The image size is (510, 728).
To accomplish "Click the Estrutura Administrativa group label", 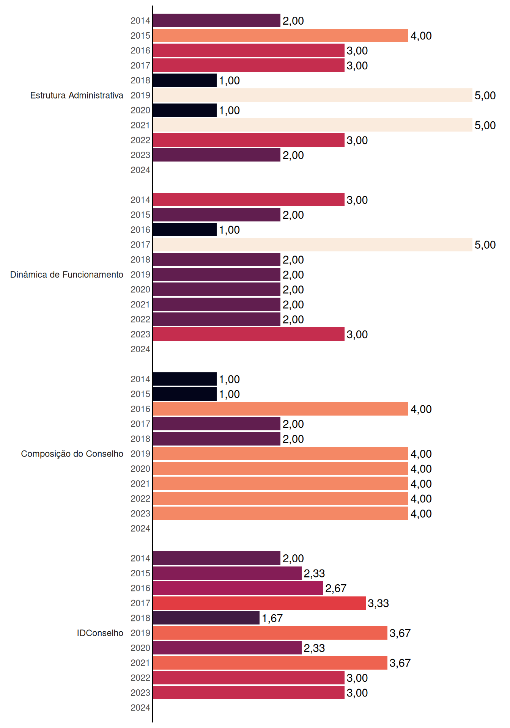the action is [x=77, y=95].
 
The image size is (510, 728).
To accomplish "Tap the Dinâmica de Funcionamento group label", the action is [x=67, y=275].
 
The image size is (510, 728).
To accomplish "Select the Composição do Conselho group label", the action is [x=72, y=454].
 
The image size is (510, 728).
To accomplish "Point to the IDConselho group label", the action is [x=100, y=633].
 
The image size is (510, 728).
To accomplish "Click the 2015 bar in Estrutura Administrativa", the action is [x=281, y=36].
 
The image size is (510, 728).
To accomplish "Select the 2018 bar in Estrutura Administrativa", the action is [x=185, y=80].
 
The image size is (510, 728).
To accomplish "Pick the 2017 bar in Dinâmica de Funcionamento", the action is [x=313, y=245].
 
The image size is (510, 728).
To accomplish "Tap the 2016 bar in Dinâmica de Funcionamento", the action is [x=185, y=230].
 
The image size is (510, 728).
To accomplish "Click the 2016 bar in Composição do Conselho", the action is [x=281, y=409].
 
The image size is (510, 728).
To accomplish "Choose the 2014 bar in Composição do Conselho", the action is [x=185, y=379].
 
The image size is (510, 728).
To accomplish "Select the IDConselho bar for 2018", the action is [x=206, y=618].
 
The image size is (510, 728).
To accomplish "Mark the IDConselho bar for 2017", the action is [x=260, y=603].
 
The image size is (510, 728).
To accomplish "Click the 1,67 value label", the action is [x=272, y=618].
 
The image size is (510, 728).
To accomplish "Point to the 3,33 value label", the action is [x=378, y=603].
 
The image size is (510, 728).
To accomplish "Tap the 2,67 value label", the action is [x=336, y=588].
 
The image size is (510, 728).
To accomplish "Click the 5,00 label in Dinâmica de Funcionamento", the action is [x=485, y=245].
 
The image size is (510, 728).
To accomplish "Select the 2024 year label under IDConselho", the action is [x=140, y=708].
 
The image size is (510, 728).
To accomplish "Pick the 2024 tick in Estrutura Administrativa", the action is [x=140, y=170].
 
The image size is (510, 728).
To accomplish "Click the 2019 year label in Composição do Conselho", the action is [x=140, y=454].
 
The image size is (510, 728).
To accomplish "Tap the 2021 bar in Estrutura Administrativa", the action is [x=313, y=125].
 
